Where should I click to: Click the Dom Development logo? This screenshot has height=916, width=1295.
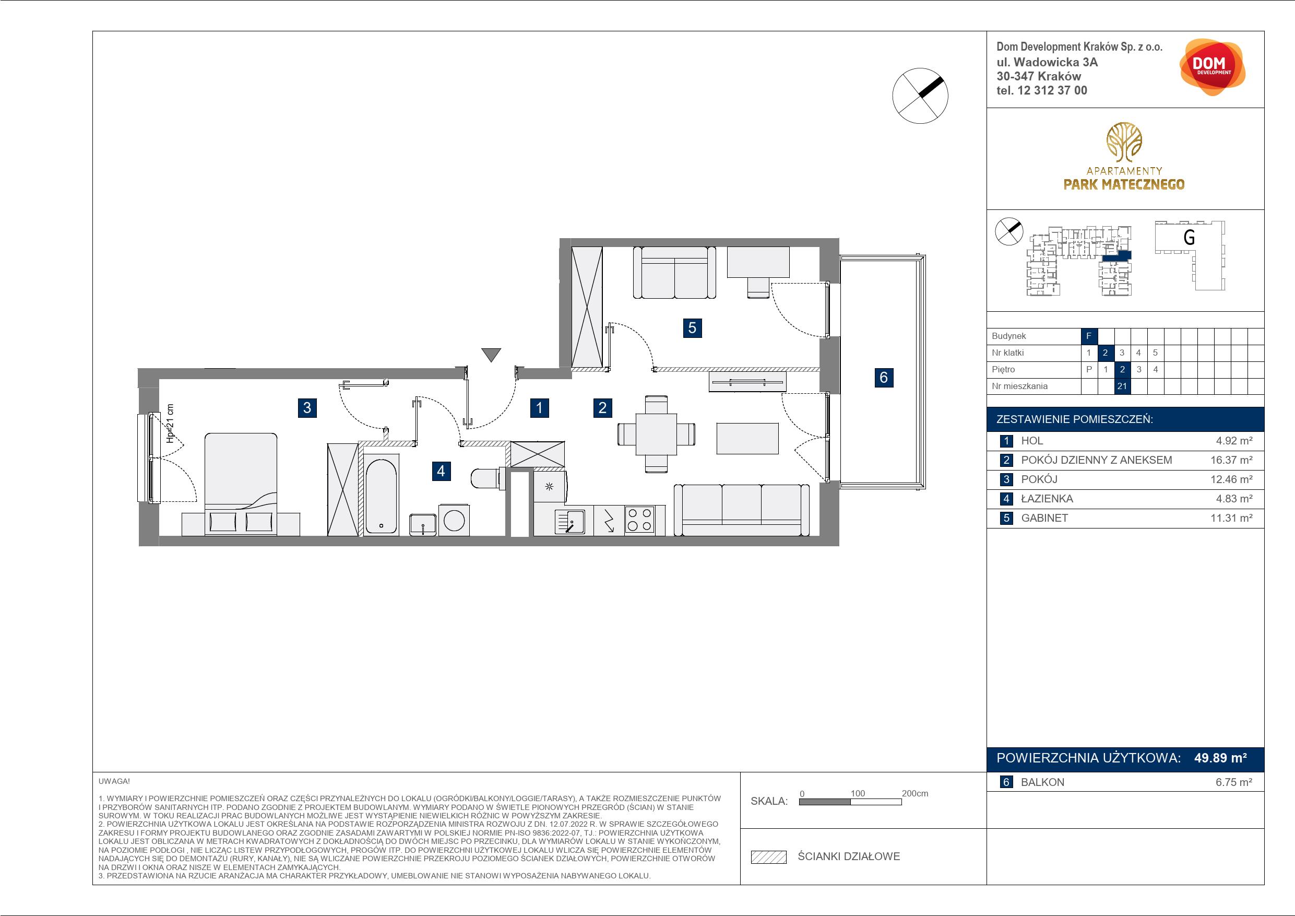click(1212, 67)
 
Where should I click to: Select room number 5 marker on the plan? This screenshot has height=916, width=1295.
click(692, 328)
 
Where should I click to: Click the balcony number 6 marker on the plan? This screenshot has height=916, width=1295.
click(884, 377)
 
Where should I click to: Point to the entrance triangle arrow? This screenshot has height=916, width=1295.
click(491, 355)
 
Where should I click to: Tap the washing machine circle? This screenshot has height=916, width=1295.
click(454, 520)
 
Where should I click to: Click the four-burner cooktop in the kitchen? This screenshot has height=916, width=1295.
click(639, 519)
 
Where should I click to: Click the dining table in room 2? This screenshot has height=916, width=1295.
click(656, 434)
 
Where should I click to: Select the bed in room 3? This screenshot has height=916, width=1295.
click(241, 484)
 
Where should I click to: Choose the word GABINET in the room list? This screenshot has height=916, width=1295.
click(1044, 518)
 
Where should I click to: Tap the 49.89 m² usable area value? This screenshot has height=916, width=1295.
click(1220, 758)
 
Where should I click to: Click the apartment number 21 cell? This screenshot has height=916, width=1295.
click(1122, 386)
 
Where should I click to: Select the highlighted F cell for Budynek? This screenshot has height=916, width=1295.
click(1089, 336)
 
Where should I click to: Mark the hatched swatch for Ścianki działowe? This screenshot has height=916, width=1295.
click(769, 857)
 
